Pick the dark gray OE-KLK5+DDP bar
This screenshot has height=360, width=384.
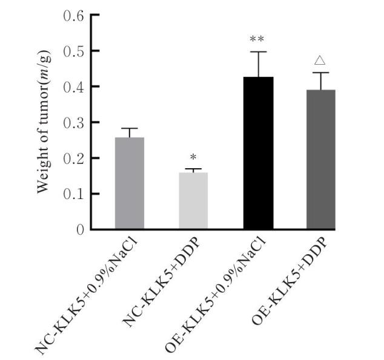pyautogui.click(x=321, y=160)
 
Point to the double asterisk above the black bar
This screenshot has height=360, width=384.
pyautogui.click(x=257, y=41)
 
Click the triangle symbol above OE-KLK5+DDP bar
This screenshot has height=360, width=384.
pyautogui.click(x=321, y=61)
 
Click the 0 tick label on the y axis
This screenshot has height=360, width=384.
pyautogui.click(x=80, y=230)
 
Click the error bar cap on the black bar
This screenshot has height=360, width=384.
pyautogui.click(x=257, y=52)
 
